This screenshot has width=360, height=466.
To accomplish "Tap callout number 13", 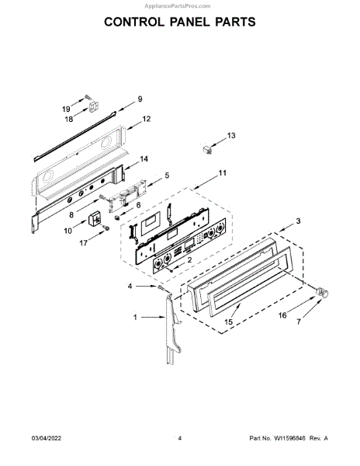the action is pos(231,135).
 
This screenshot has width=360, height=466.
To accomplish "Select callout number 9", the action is pos(140,99).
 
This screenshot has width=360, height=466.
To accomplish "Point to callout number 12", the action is pos(147,119).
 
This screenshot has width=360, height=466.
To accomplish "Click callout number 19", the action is pos(66,109).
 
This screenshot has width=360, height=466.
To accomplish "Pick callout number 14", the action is pos(144,159).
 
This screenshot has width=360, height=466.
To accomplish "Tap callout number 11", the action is pos(223,173).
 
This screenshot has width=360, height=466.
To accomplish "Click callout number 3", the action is pos(298,221).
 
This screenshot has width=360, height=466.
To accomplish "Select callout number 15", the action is pos(229,322).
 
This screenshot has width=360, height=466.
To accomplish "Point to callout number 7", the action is pos(299,322).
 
